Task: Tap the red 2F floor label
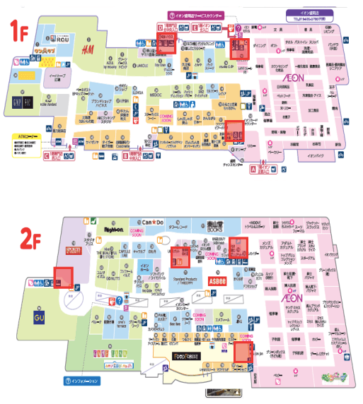(26, 241)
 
